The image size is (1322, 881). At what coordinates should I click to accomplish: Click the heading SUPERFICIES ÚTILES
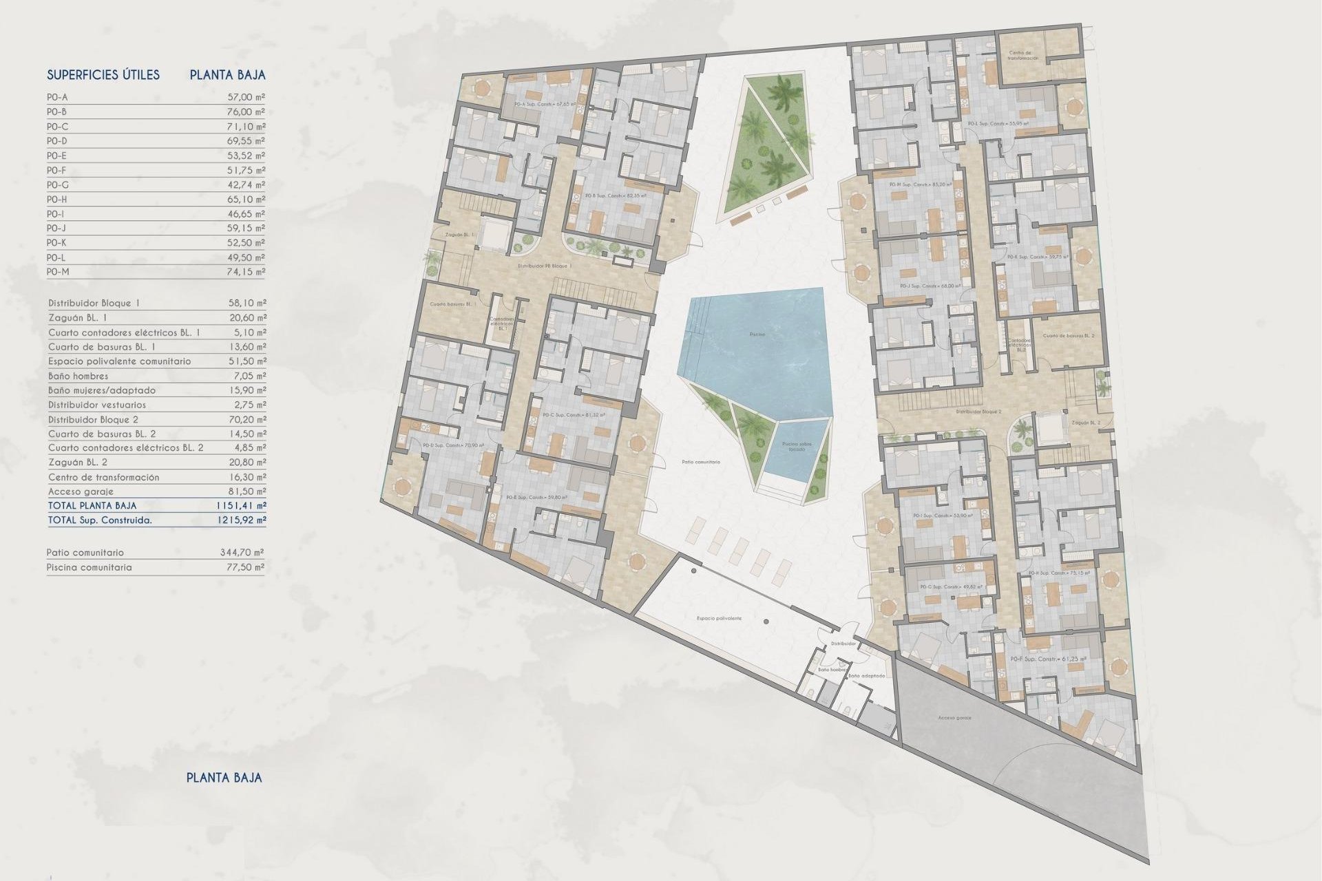pos(103,75)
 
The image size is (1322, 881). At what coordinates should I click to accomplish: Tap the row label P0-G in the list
pos(58,185)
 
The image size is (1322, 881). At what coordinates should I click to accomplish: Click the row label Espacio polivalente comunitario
pos(120,361)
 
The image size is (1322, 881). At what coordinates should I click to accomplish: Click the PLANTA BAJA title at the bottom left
pos(224,778)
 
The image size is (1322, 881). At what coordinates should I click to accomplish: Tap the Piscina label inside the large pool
pos(757,335)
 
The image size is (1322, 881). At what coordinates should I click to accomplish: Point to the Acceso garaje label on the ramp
pos(954,718)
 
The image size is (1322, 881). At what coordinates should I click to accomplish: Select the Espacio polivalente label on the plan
pos(719,618)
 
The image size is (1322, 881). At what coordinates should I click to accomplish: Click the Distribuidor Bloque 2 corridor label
pos(978,412)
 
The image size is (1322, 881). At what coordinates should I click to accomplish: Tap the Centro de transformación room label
pos(1023,56)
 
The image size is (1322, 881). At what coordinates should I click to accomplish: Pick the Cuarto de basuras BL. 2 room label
pos(1068,336)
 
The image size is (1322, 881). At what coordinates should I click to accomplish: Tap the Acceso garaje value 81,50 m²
pos(246,491)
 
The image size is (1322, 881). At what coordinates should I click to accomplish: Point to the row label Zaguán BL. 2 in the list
pos(78,463)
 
